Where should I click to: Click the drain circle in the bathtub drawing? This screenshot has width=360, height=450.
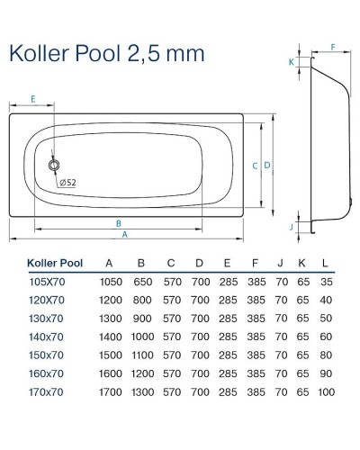coord(54,166)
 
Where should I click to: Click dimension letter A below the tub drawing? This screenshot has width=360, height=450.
coord(125,234)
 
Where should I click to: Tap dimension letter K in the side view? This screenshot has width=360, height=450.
coord(291,62)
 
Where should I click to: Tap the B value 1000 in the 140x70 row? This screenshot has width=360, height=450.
coord(140,338)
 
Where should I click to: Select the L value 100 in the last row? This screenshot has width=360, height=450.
coord(325,393)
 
